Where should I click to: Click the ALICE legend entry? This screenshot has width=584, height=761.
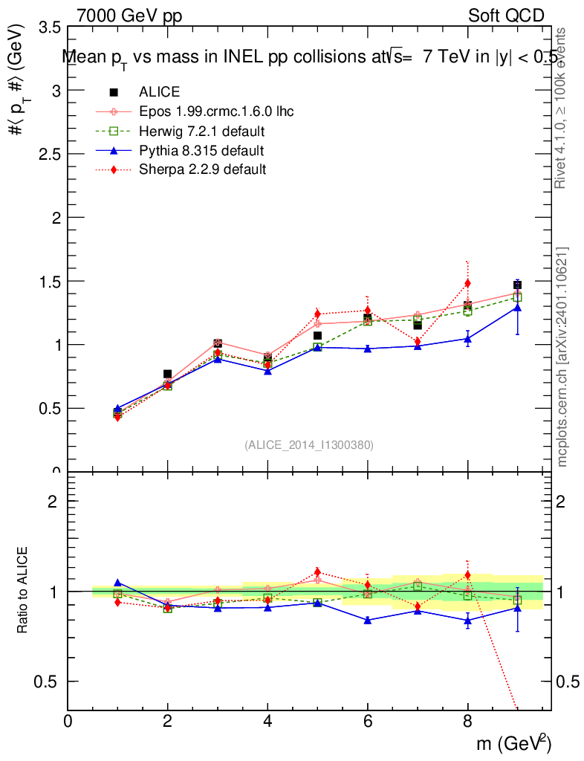(159, 92)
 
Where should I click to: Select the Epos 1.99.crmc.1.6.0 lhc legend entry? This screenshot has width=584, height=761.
(216, 111)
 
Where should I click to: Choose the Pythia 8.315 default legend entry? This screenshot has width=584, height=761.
(201, 150)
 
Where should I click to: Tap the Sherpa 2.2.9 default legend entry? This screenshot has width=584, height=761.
(202, 169)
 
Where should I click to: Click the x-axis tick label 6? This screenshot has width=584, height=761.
(367, 721)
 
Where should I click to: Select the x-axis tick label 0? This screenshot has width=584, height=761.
(68, 721)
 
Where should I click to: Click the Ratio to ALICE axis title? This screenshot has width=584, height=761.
(23, 592)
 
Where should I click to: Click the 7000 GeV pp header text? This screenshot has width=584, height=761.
(129, 16)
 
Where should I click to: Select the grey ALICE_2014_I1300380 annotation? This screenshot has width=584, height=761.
(308, 445)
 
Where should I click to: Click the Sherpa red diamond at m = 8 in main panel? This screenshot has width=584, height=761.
(467, 283)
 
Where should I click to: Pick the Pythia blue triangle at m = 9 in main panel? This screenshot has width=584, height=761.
(517, 307)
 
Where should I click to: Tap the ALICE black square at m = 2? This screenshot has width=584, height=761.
(167, 374)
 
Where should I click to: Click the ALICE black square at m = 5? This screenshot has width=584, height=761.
(317, 336)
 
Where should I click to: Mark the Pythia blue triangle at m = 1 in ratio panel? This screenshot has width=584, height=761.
(117, 583)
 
